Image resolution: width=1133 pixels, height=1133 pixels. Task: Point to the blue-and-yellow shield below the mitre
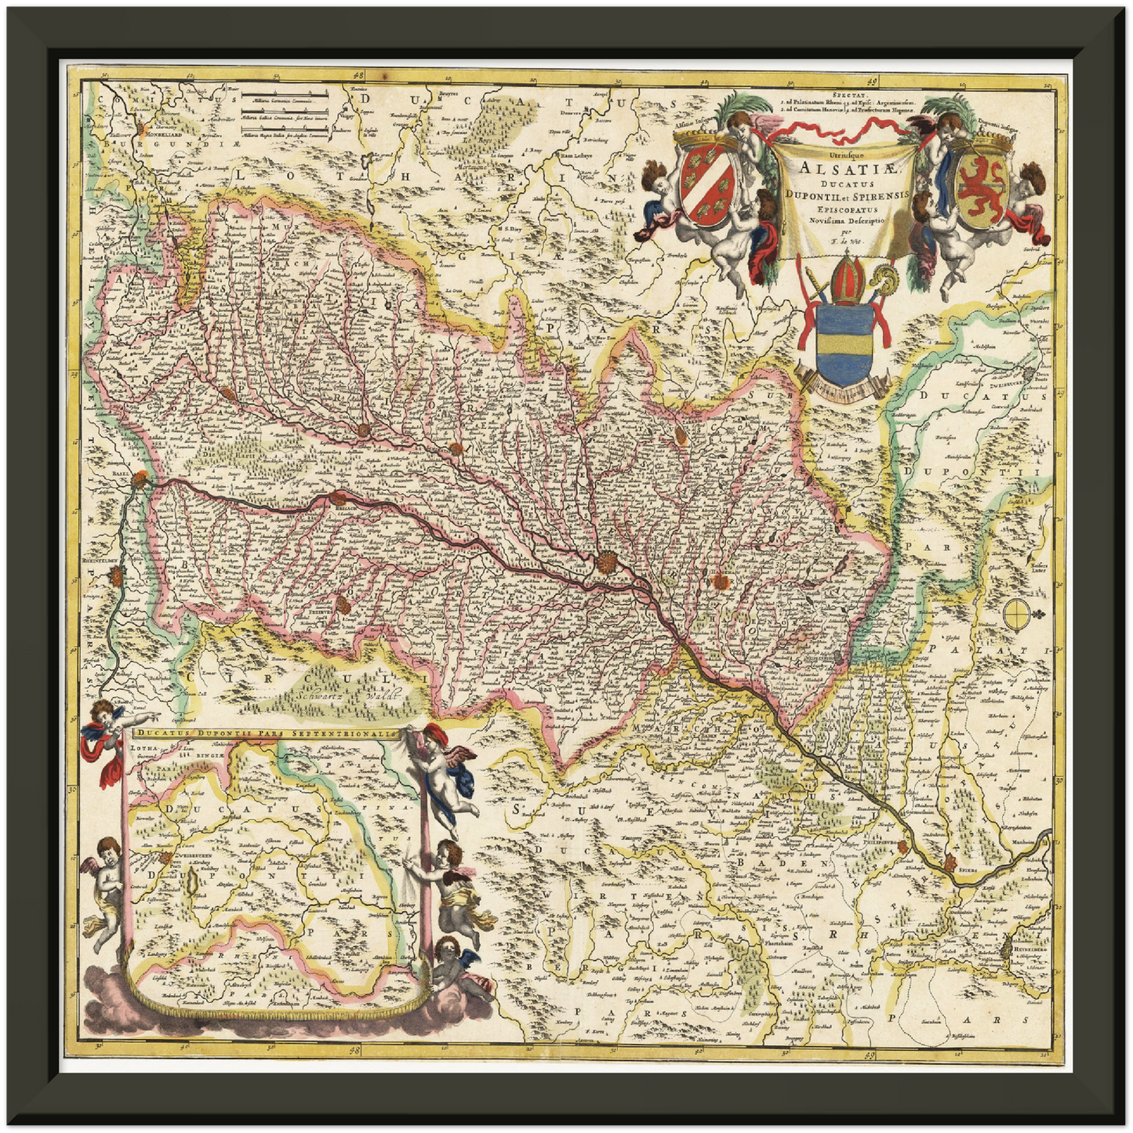(844, 343)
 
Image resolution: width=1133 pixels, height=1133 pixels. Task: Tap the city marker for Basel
(140, 478)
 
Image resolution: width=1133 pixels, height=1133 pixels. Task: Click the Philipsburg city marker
(904, 846)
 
